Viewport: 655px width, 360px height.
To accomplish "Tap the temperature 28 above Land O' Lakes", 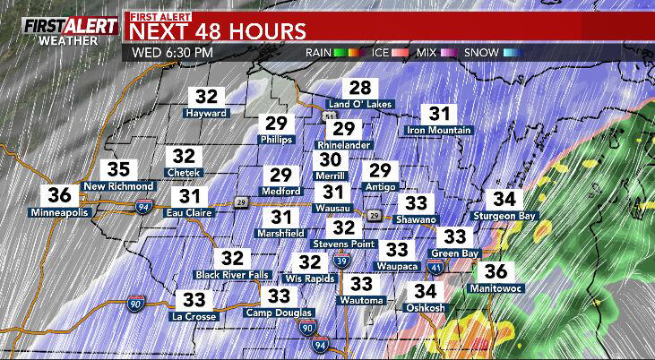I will [x=361, y=88].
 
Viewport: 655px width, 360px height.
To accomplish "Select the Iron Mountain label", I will [x=439, y=131].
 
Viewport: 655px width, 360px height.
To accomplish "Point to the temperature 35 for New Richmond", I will [x=119, y=169].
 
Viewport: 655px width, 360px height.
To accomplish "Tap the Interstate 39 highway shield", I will [x=341, y=261].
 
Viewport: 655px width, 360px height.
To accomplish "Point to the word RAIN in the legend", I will [x=319, y=53].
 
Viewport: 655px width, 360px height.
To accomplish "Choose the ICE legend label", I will [x=379, y=53].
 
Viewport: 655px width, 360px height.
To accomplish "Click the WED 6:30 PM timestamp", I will [x=172, y=52].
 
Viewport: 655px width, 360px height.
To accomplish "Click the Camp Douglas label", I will [x=274, y=313].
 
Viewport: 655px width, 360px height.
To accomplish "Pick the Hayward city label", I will [x=207, y=114].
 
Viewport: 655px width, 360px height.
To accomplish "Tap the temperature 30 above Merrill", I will [x=331, y=159].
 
